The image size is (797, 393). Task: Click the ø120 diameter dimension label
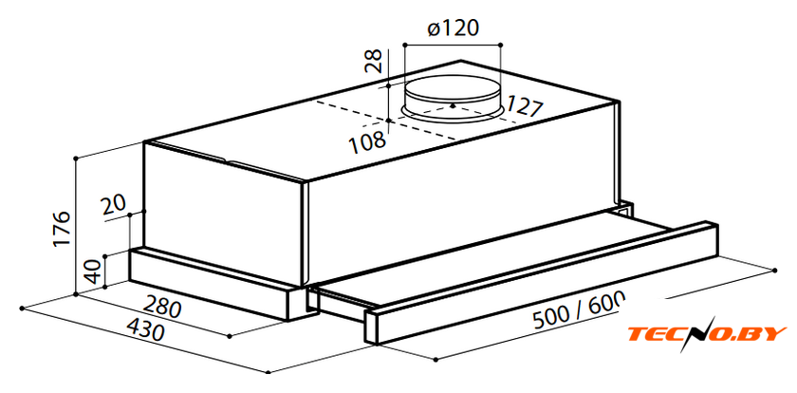[453, 28]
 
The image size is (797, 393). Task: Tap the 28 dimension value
[376, 62]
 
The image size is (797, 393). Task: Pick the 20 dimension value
[113, 206]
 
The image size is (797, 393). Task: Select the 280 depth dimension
[162, 308]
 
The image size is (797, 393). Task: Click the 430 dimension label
[145, 329]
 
